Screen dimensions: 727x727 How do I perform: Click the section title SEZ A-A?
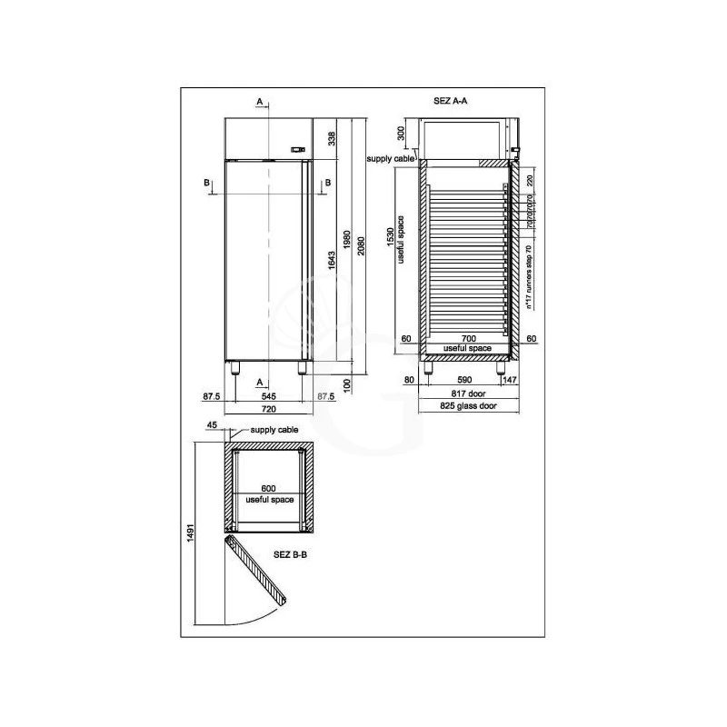coord(451,102)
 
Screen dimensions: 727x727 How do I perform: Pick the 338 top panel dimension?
coord(333,138)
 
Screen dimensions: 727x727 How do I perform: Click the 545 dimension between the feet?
coord(268,397)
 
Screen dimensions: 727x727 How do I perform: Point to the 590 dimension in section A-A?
coord(464,380)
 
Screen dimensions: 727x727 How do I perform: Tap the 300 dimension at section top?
coord(401,134)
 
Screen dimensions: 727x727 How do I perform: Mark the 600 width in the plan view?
coord(268,489)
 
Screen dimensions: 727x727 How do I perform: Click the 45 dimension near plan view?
coord(212,424)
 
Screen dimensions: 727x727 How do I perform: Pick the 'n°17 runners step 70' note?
coord(529,277)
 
